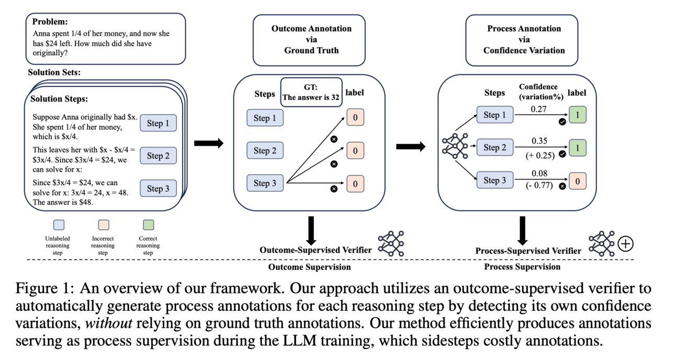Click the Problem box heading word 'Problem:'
(50, 22)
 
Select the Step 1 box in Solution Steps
(158, 123)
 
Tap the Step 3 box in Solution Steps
(158, 188)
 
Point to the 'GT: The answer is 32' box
(311, 92)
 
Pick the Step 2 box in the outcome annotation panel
(265, 151)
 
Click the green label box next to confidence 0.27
(577, 115)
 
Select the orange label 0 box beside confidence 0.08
(577, 181)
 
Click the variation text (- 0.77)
(539, 185)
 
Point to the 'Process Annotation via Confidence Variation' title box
(524, 39)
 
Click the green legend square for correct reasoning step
(148, 225)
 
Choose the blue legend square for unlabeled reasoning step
(59, 225)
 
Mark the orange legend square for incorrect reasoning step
(103, 225)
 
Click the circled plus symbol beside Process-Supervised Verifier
(625, 243)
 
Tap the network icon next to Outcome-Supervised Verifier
(391, 243)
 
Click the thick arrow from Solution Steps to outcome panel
(208, 143)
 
